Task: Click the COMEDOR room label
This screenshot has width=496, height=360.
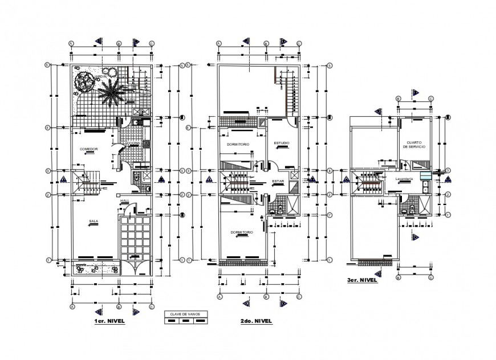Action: tap(89, 149)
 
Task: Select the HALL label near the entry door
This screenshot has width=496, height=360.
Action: tap(124, 201)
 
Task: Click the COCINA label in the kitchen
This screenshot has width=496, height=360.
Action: tap(134, 143)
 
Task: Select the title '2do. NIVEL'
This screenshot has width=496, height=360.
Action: tap(256, 321)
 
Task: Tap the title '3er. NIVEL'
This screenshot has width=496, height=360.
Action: tap(361, 281)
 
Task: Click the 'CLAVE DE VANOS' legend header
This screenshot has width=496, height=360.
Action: tap(185, 313)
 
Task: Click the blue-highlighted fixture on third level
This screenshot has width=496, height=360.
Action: tap(425, 176)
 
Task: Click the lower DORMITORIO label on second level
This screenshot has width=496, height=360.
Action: tap(242, 232)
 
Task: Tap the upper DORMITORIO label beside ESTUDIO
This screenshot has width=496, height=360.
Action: tap(238, 145)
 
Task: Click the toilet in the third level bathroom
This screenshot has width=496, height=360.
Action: tap(404, 210)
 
